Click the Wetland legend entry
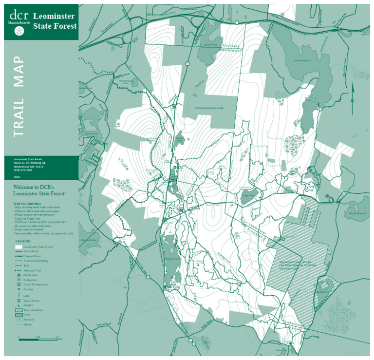point(28,319)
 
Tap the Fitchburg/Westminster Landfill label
point(208,108)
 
